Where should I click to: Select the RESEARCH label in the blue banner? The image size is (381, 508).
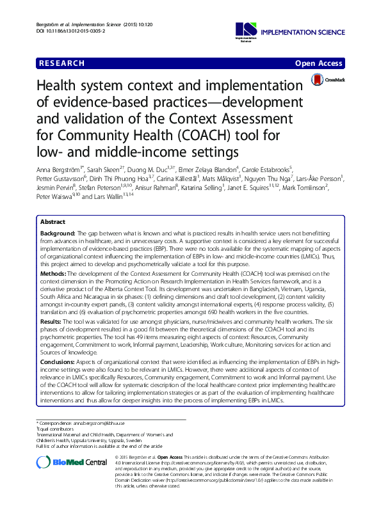pyautogui.click(x=61, y=63)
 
